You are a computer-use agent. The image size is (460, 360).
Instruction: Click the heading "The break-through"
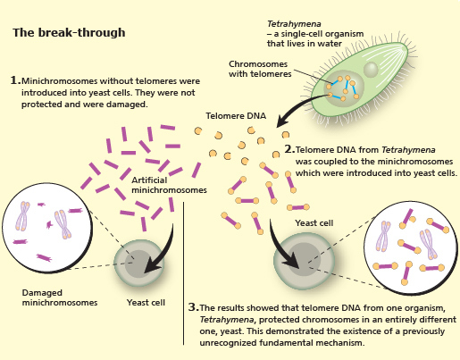[x=69, y=32]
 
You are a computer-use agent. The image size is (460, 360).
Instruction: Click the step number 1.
[x=15, y=80]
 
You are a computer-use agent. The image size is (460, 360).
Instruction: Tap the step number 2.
[x=289, y=149]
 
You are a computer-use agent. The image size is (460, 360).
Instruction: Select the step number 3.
[x=194, y=307]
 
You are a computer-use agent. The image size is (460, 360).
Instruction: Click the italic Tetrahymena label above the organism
[x=294, y=24]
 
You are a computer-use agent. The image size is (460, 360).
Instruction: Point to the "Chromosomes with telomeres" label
[x=260, y=69]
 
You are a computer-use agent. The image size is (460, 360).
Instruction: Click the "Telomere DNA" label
[x=236, y=115]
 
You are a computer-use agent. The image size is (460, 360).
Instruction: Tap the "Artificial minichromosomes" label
[x=169, y=185]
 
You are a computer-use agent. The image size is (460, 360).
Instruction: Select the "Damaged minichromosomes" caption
[x=60, y=297]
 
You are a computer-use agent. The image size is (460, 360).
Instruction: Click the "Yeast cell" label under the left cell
[x=146, y=302]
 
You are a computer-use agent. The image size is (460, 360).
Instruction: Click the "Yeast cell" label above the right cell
[x=314, y=223]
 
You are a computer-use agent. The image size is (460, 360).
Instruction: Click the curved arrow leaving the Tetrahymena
[x=297, y=104]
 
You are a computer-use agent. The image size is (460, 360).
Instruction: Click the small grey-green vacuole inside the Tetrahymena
[x=371, y=70]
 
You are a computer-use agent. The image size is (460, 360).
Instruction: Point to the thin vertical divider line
[x=183, y=273]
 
